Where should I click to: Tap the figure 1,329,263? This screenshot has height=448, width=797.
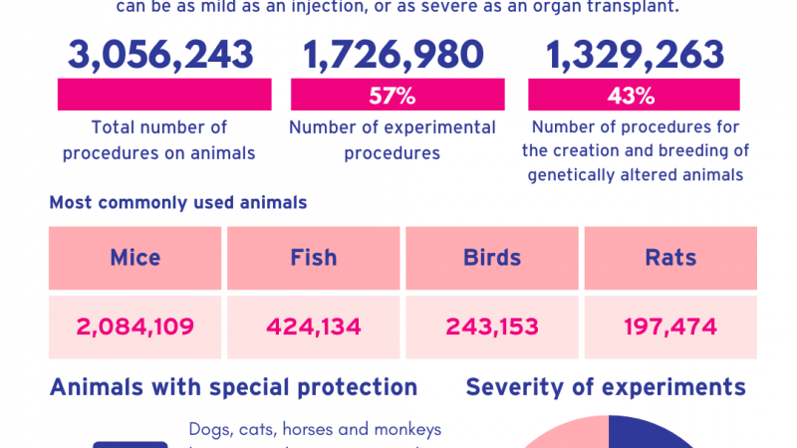[x=633, y=55]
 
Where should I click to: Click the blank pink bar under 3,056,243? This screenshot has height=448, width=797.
[x=164, y=96]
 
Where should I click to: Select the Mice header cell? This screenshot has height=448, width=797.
[x=135, y=258]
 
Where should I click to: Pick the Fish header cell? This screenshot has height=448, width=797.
[x=313, y=258]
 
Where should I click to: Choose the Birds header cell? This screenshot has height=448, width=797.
[x=492, y=258]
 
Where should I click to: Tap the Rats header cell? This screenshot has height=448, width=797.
[x=670, y=258]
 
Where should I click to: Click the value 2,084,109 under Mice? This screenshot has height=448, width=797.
[x=135, y=327]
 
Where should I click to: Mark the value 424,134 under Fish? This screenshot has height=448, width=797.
[x=313, y=327]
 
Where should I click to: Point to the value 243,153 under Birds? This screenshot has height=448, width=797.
[x=492, y=327]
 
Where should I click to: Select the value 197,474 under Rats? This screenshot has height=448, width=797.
[x=670, y=327]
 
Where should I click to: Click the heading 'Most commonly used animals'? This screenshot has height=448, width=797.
[x=177, y=203]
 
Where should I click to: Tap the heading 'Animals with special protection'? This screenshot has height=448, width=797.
[x=233, y=387]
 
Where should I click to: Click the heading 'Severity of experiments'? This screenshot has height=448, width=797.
[x=606, y=387]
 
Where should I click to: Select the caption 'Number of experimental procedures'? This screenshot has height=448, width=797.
[x=393, y=140]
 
